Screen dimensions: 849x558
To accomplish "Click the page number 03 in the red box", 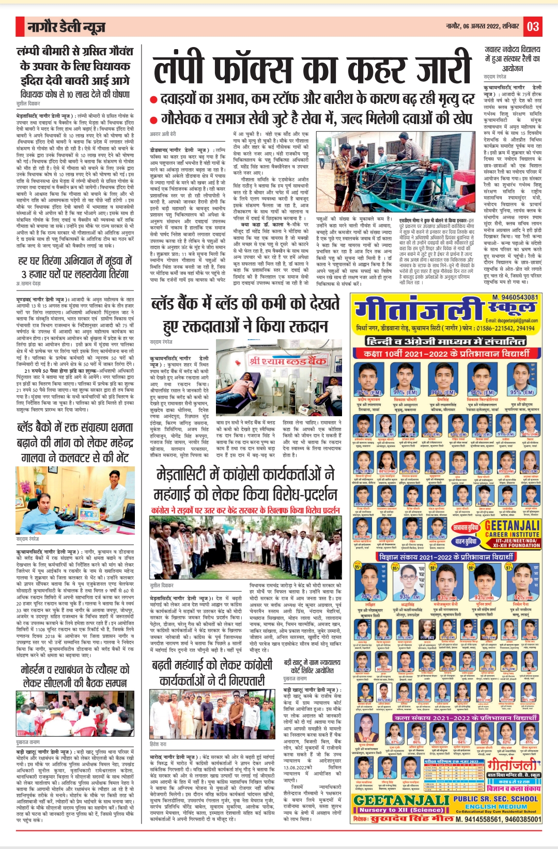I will tap(533, 26).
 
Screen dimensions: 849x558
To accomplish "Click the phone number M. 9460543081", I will tap(515, 297).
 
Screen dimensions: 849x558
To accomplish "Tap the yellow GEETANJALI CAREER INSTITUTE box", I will tap(512, 533).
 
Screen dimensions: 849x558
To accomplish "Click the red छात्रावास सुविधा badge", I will tap(466, 528).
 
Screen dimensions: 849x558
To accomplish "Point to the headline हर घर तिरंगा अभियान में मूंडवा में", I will tap(74, 267).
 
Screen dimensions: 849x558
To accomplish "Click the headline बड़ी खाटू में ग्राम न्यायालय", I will tap(312, 666).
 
